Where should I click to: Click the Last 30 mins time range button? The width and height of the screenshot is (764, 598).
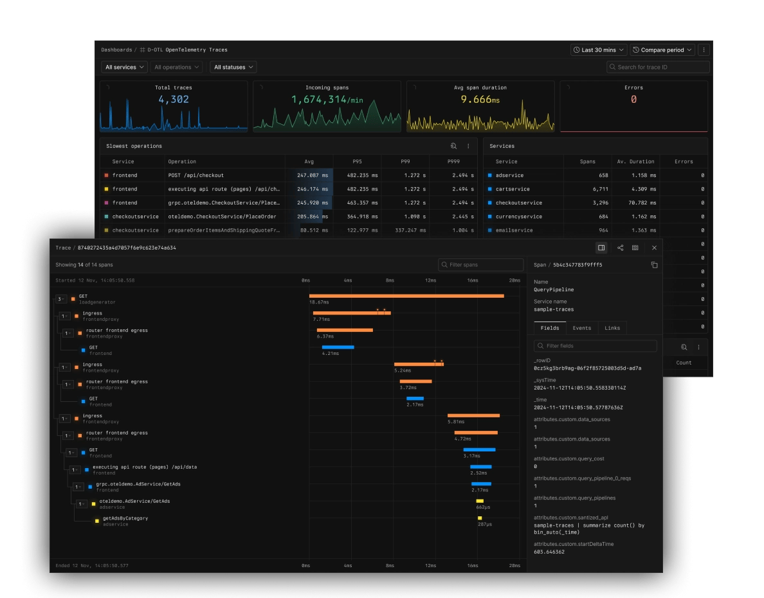598,50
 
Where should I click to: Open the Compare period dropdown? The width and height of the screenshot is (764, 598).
662,50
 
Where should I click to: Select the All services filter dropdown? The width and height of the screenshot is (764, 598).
124,67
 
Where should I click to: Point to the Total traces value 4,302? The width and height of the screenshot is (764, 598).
174,99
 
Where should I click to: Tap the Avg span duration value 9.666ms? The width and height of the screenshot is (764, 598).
480,99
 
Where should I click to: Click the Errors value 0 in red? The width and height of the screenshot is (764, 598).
633,99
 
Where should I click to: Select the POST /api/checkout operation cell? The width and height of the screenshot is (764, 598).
196,175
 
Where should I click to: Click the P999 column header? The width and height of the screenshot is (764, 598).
453,161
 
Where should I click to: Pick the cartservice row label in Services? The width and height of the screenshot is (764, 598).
513,189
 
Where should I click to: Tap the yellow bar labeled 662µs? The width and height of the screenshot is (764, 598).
480,501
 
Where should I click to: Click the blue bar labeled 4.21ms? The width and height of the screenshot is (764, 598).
338,347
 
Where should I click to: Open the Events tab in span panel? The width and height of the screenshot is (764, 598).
581,328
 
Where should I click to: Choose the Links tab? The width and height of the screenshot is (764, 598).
612,328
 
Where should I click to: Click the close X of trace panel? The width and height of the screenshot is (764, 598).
654,248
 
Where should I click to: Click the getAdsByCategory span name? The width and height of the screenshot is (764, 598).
125,518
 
